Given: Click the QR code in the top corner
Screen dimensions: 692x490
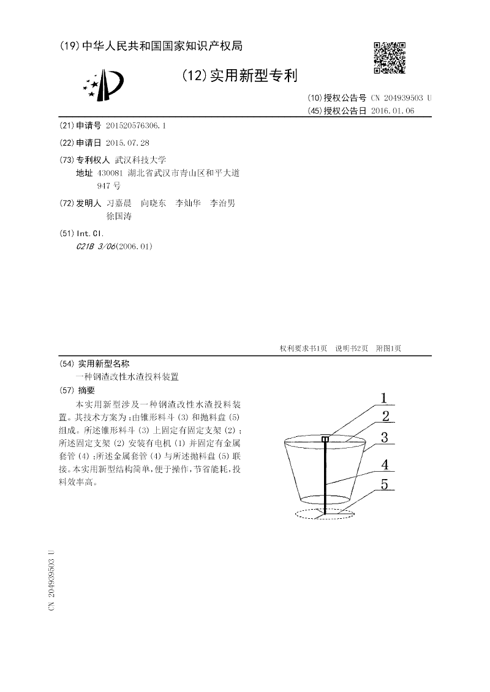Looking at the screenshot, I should pos(390,58).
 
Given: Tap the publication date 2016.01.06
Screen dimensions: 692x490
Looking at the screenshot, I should pos(393,111).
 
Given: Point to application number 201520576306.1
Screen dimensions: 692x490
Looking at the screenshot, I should pos(136,125).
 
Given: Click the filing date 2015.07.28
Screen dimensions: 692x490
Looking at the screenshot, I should pos(127,143).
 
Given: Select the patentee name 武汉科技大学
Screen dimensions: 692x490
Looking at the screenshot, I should pos(141,159).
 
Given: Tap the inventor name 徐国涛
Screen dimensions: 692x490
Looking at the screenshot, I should pos(119,216).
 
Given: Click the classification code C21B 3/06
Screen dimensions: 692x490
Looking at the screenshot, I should pos(95,247).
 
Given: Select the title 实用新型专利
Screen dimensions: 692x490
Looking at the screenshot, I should pos(254,76).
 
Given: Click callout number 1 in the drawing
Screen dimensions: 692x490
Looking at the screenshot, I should pos(384,398).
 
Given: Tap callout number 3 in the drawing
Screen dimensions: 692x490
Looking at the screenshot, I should pos(384,437).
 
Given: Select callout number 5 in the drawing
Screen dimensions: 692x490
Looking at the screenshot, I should pos(384,484).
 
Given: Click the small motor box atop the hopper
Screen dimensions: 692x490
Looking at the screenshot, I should pos(325,438).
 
